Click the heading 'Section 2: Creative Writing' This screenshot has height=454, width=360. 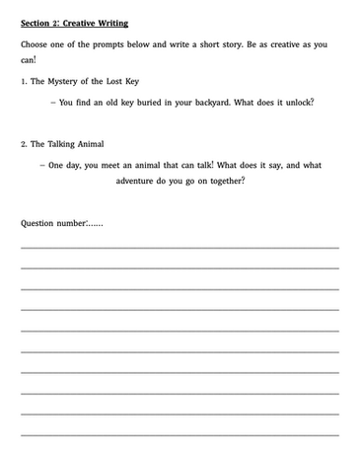pyautogui.click(x=74, y=21)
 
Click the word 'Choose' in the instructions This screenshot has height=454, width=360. pyautogui.click(x=36, y=44)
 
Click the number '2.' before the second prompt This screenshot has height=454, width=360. pyautogui.click(x=24, y=144)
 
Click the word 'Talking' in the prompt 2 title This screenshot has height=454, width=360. pyautogui.click(x=63, y=144)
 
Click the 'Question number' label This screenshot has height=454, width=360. pyautogui.click(x=52, y=222)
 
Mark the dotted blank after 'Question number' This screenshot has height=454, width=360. pyautogui.click(x=95, y=224)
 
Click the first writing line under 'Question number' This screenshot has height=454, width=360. pyautogui.click(x=180, y=247)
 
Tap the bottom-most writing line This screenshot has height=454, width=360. pyautogui.click(x=180, y=433)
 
